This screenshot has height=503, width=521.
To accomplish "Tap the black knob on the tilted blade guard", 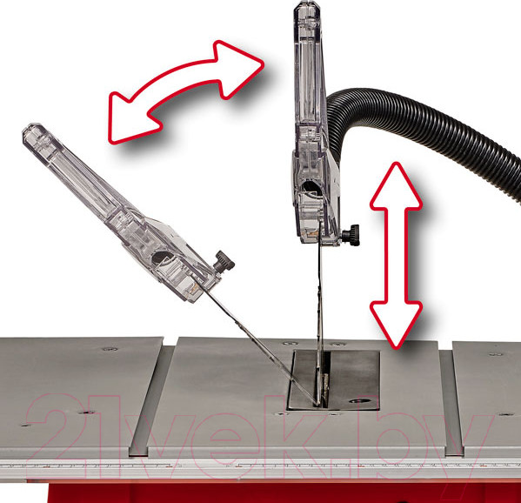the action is (x=224, y=261).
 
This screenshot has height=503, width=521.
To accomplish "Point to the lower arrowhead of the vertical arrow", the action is (x=396, y=324).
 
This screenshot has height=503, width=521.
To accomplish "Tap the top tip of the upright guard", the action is (x=306, y=3).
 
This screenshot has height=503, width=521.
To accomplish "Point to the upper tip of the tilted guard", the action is (x=31, y=127).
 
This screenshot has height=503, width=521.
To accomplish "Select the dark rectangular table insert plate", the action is (x=334, y=379).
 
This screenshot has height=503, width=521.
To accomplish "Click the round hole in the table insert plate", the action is (x=360, y=400).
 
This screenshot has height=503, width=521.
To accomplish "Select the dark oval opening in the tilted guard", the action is (x=163, y=258).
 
